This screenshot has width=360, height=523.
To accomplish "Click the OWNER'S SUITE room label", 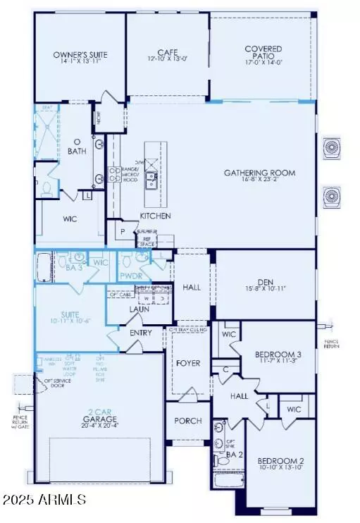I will (74, 54).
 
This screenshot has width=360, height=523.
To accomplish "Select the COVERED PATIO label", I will (263, 49).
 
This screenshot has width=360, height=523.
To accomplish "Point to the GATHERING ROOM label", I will (259, 173).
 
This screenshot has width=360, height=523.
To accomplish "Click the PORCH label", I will (188, 421).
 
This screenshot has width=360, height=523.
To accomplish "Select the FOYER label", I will (189, 363).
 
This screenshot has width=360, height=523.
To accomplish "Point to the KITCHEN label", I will (156, 216).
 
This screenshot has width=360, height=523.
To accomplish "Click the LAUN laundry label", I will (138, 309).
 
